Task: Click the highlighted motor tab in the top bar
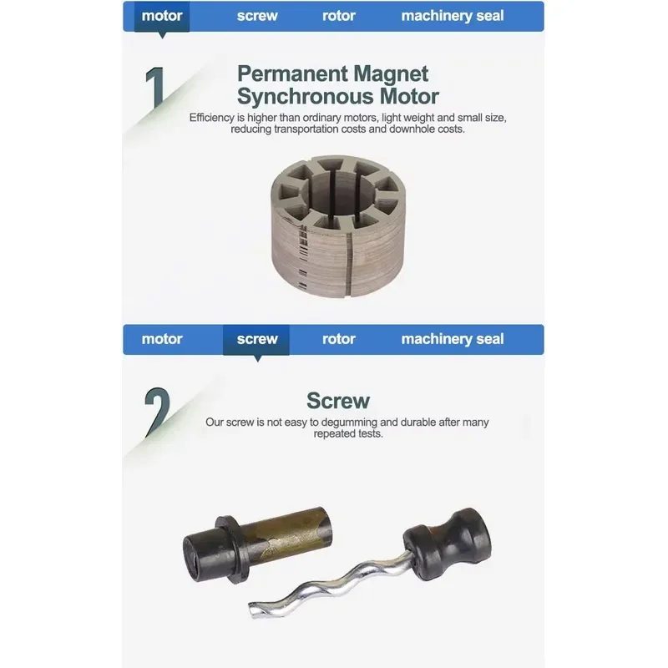click(162, 16)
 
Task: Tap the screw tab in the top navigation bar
click(257, 16)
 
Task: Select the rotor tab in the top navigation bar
click(339, 16)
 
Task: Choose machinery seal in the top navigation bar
click(453, 16)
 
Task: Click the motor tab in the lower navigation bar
click(162, 339)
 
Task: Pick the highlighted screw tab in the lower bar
click(256, 340)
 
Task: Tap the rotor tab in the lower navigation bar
click(339, 339)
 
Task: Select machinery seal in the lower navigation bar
click(453, 339)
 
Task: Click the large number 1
click(155, 88)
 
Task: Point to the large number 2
click(157, 412)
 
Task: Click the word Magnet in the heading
click(391, 74)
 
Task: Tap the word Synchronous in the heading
click(305, 96)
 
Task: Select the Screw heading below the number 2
click(338, 401)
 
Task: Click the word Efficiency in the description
click(212, 118)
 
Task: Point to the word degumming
click(349, 423)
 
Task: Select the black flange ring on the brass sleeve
click(233, 549)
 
